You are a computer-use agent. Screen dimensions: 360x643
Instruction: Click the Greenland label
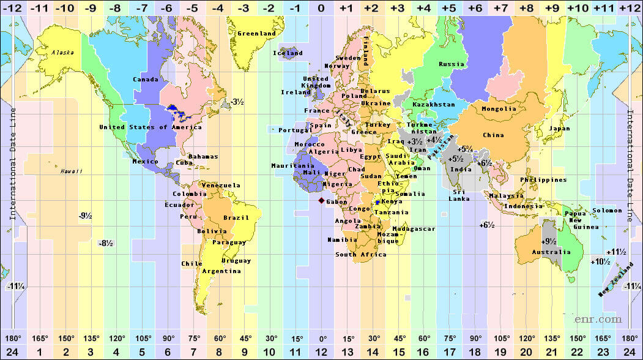pos(256,33)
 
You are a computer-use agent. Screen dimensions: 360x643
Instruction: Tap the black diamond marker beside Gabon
pos(322,200)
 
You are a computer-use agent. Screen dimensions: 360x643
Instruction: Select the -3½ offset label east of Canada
pos(237,102)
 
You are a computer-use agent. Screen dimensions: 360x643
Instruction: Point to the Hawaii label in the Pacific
pos(71,171)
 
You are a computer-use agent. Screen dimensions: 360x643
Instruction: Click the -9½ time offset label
pos(85,216)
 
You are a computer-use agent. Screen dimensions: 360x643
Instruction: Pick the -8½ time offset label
pos(105,243)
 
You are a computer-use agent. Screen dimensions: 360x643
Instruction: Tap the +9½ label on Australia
pos(549,241)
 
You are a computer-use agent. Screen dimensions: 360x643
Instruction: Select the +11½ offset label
pos(615,252)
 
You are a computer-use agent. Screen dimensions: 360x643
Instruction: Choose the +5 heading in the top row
pos(448,8)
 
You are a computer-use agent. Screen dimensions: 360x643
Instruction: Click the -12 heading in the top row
pos(13,8)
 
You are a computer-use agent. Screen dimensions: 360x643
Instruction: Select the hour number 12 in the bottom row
pos(321,351)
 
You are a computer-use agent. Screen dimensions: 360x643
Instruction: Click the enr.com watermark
pos(598,319)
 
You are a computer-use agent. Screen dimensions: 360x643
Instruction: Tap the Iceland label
pos(288,53)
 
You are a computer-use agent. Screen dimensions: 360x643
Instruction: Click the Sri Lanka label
pos(459,195)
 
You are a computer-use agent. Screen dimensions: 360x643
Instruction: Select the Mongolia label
pos(499,109)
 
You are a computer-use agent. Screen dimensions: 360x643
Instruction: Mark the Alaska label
pos(62,53)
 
